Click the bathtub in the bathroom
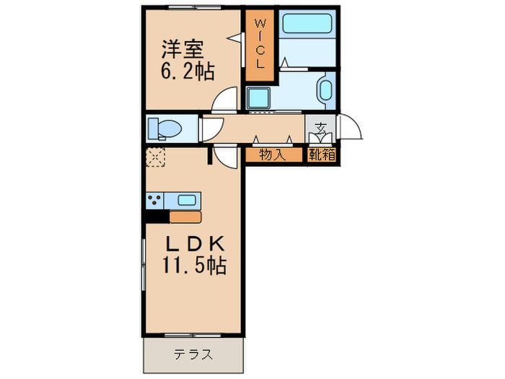click(306, 25)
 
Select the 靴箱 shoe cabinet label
click(321, 154)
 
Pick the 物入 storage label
click(272, 154)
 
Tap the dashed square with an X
click(156, 157)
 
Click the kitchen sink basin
click(186, 200)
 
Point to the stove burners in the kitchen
click(155, 200)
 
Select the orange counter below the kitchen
click(185, 216)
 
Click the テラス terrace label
click(193, 354)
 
